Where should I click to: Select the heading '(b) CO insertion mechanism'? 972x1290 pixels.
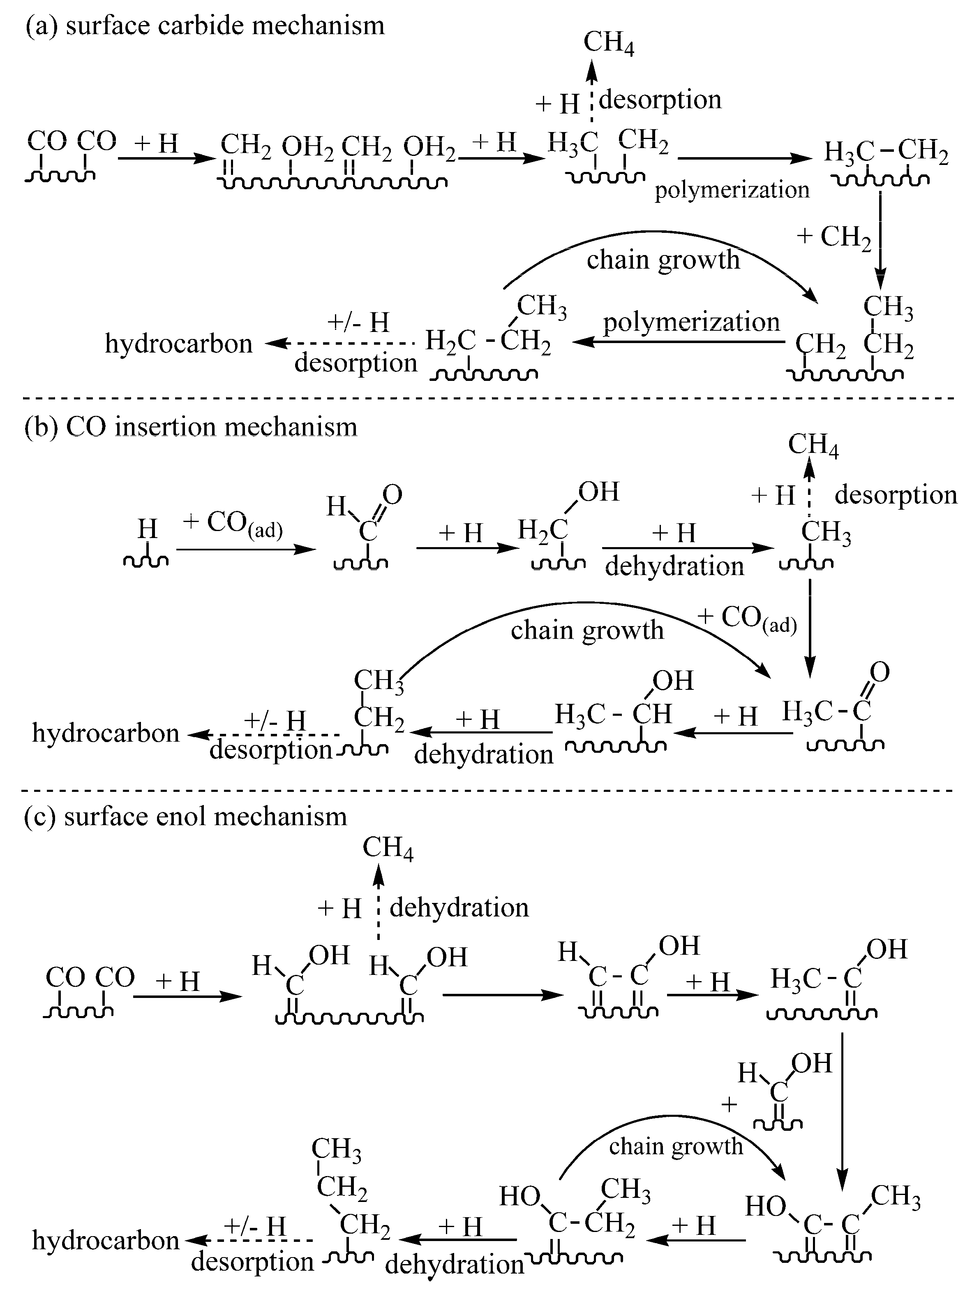(x=191, y=427)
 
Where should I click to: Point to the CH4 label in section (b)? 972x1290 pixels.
(x=813, y=445)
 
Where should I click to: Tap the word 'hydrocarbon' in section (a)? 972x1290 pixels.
(x=178, y=343)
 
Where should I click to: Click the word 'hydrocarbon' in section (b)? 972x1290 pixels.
(x=106, y=733)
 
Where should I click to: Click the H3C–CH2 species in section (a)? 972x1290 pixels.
(x=886, y=153)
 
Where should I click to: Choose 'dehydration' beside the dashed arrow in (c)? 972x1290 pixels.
(x=459, y=908)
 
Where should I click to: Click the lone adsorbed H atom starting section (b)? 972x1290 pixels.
(x=147, y=529)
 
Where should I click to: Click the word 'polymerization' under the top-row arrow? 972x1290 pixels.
(x=732, y=190)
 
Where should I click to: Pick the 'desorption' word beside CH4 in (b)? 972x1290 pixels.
(x=896, y=495)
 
